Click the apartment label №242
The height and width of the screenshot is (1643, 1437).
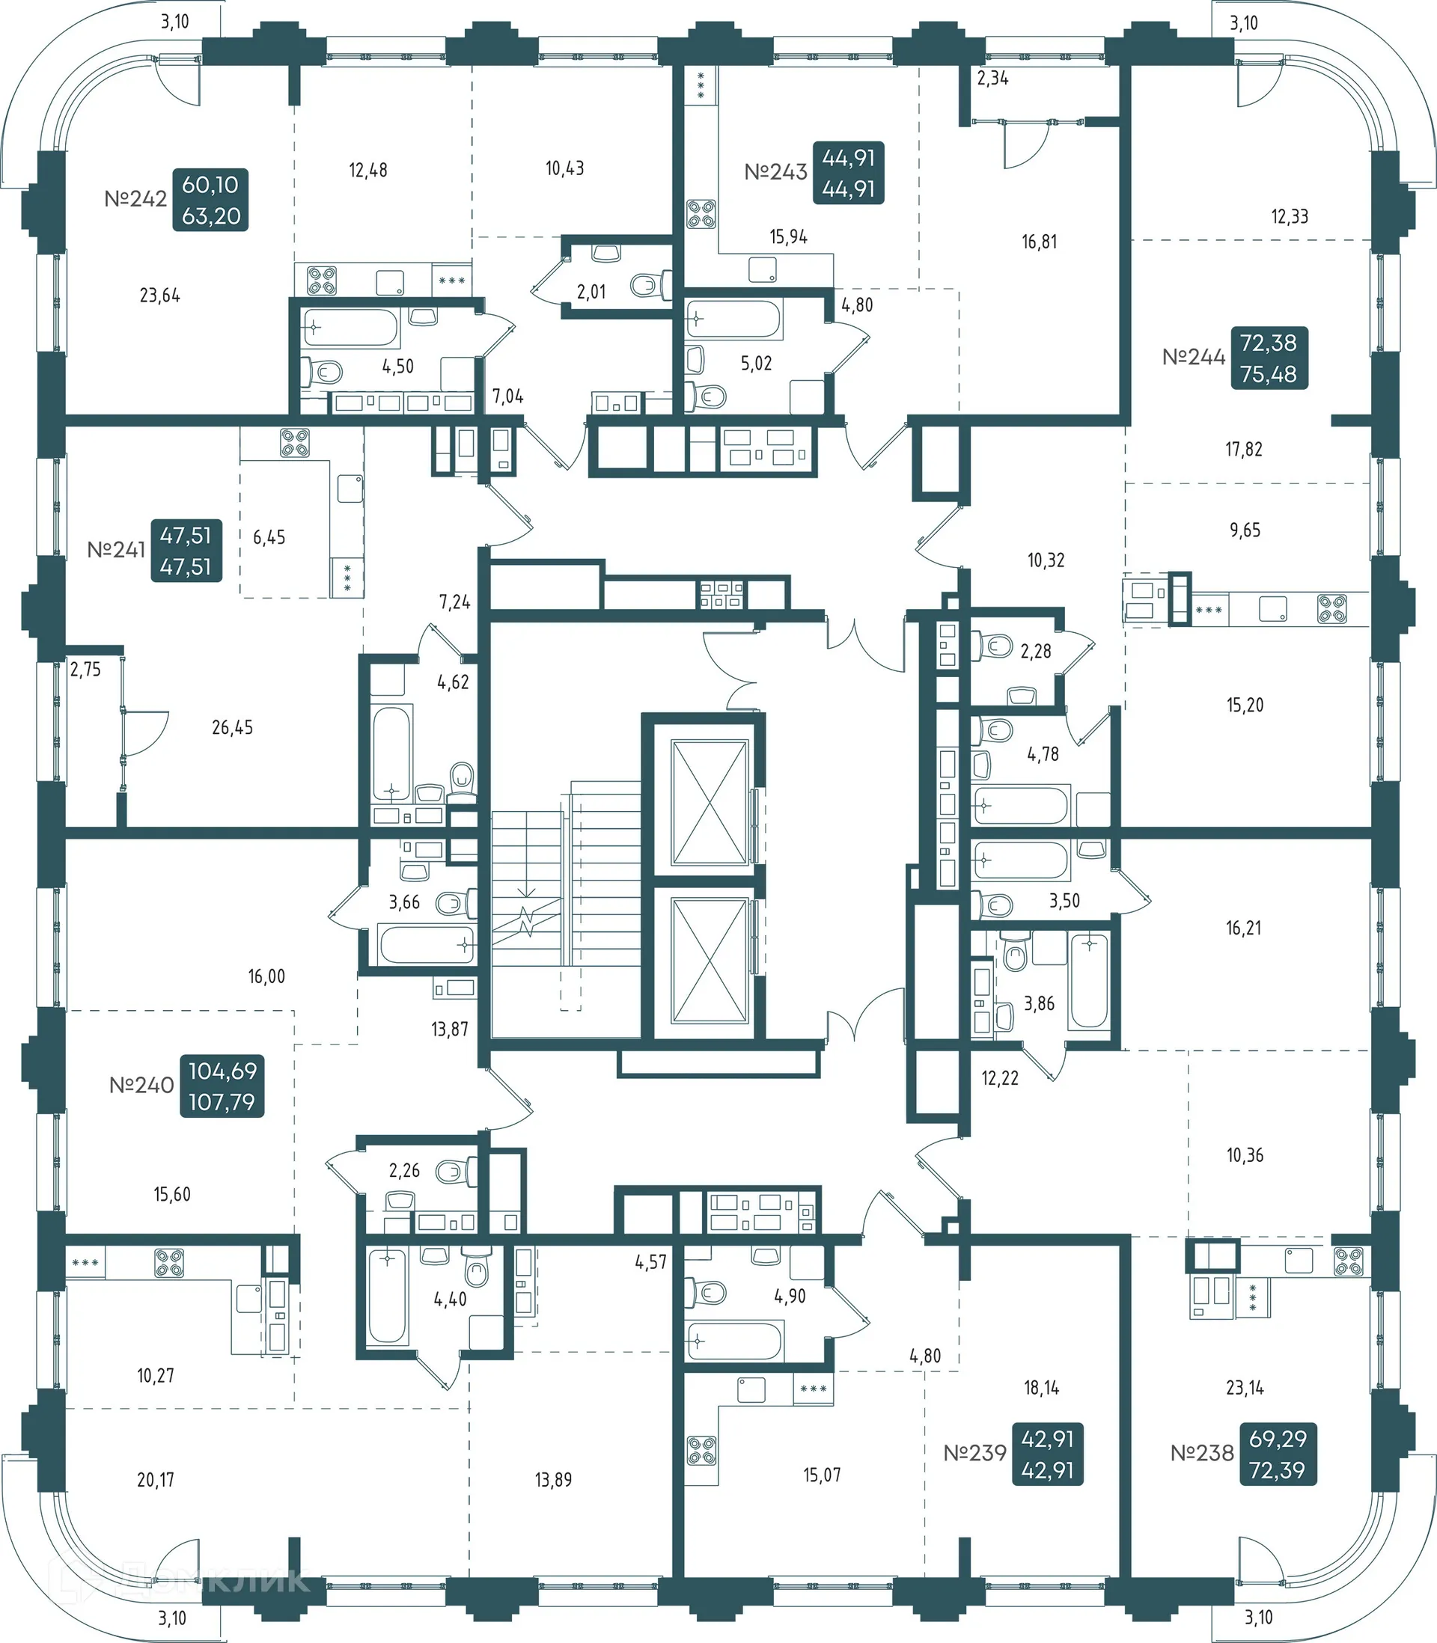click(x=135, y=199)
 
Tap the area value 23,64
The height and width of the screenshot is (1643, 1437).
click(x=159, y=296)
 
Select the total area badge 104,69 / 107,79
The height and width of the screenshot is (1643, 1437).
click(x=222, y=1086)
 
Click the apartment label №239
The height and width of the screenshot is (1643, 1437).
click(x=974, y=1453)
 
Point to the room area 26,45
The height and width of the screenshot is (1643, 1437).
click(x=232, y=728)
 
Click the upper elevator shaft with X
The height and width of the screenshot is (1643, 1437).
click(x=710, y=802)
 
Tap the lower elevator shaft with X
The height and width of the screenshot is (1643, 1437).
click(x=710, y=961)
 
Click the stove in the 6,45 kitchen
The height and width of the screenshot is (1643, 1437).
click(x=294, y=442)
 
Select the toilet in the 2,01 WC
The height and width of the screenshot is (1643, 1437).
click(x=650, y=284)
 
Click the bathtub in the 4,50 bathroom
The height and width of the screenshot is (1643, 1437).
click(x=350, y=328)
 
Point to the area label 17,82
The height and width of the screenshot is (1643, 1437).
click(x=1243, y=450)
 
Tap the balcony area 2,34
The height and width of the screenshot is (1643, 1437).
click(x=992, y=79)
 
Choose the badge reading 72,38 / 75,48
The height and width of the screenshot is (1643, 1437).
click(x=1269, y=358)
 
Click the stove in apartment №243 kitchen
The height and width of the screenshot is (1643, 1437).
click(x=701, y=214)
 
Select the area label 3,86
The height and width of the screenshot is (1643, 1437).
click(x=1039, y=1003)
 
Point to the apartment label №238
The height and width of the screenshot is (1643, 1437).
click(x=1201, y=1453)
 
